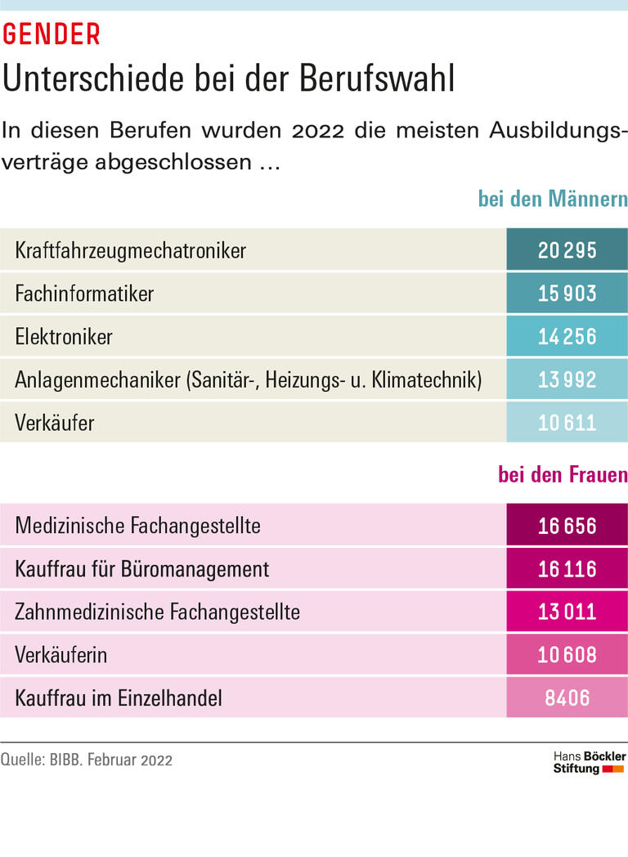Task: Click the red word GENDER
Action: [x=52, y=34]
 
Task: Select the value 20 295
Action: [x=567, y=250]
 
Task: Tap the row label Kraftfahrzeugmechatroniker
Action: [x=130, y=250]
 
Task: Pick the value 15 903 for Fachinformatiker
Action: [x=567, y=294]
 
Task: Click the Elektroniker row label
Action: [x=64, y=336]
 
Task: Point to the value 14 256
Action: [x=567, y=336]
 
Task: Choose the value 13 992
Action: [x=567, y=379]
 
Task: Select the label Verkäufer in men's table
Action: [x=54, y=423]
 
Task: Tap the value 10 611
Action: [x=567, y=423]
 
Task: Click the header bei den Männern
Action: [x=553, y=200]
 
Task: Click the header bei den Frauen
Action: [x=563, y=475]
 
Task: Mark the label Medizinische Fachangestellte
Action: [x=137, y=525]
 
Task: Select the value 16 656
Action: [x=567, y=525]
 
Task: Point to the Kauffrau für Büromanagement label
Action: [x=141, y=568]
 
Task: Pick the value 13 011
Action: [x=567, y=612]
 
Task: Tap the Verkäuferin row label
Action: [x=61, y=655]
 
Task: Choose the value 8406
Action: [x=567, y=698]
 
